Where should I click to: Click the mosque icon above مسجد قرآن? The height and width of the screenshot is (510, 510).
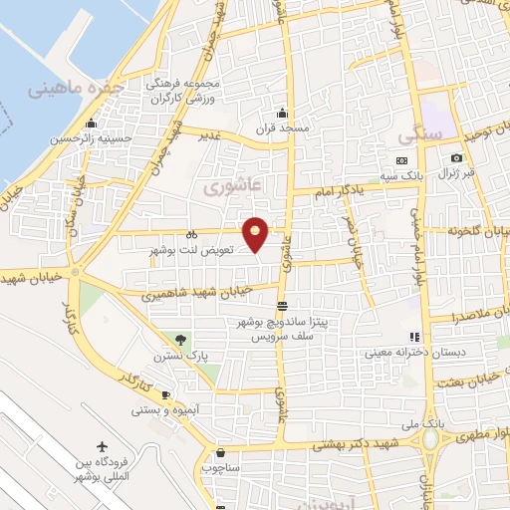[x=284, y=112]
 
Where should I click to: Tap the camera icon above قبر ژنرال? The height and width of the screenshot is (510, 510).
[x=456, y=158]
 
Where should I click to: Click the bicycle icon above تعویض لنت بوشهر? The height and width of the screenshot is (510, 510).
[x=191, y=233]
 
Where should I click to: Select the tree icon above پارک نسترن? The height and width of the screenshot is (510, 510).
[x=180, y=340]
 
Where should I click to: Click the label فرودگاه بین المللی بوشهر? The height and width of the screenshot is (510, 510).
[x=102, y=472]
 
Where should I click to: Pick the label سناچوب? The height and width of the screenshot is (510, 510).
[x=219, y=466]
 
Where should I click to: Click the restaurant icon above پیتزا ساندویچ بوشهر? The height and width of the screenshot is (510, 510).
[x=284, y=306]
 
